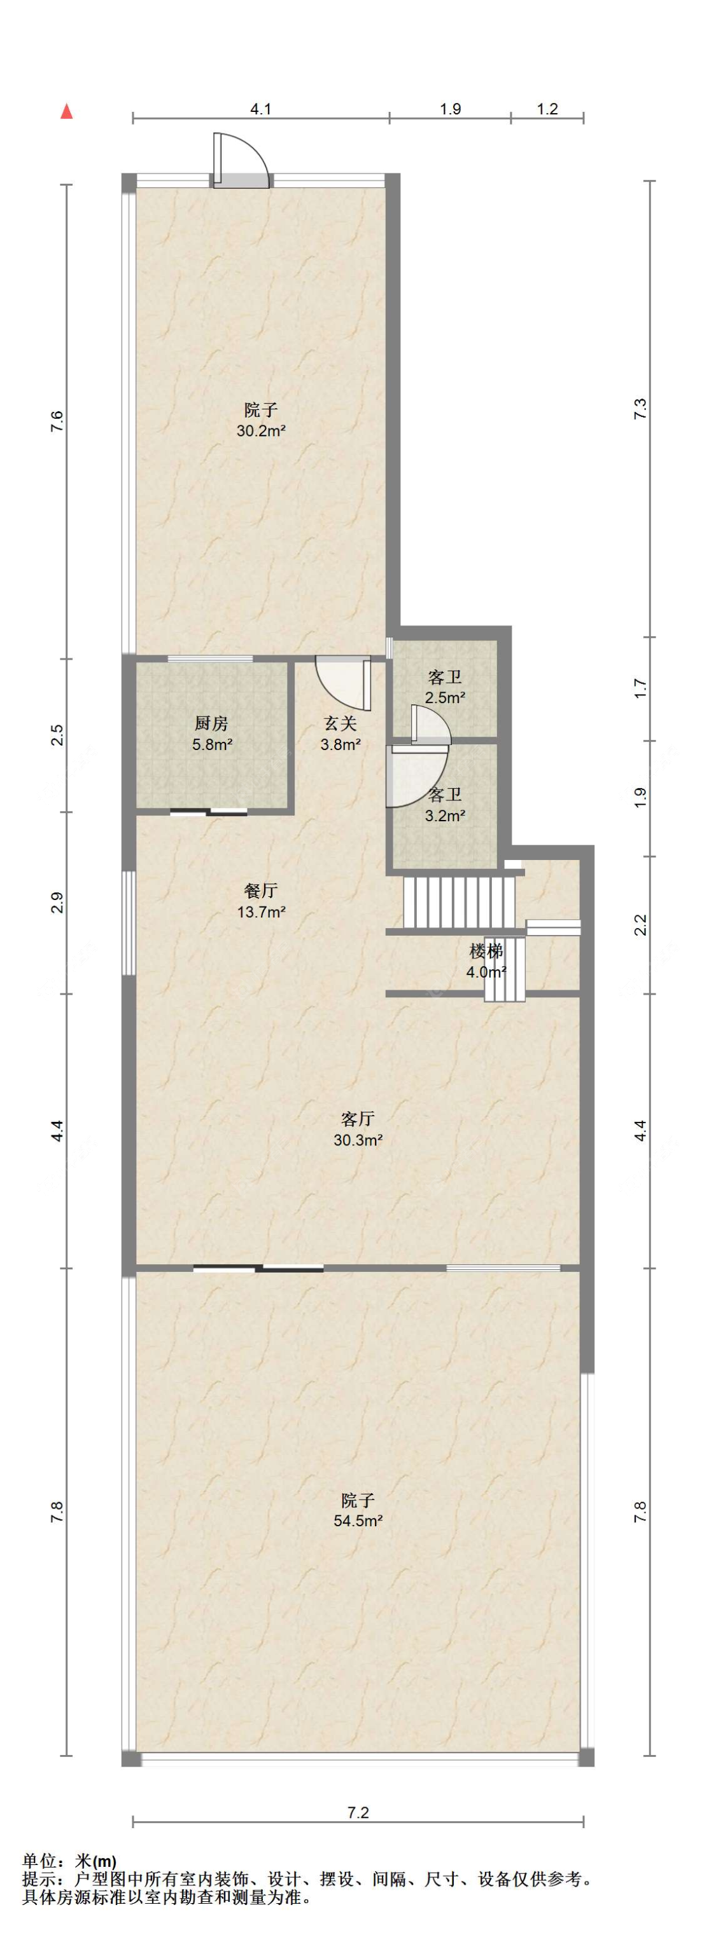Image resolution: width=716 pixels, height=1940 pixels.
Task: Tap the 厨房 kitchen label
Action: (211, 724)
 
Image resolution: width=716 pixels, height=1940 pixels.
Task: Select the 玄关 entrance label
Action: (340, 724)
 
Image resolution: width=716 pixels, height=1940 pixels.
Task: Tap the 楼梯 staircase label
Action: (486, 951)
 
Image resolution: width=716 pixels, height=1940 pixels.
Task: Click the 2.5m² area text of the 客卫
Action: (445, 697)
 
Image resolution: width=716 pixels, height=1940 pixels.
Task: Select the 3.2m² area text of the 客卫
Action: (445, 815)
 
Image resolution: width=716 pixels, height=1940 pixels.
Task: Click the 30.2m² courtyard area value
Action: (261, 432)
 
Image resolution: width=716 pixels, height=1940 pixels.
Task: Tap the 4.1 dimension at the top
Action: (261, 109)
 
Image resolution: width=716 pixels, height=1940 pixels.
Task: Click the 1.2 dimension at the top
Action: (547, 109)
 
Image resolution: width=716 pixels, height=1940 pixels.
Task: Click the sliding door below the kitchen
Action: (209, 812)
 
